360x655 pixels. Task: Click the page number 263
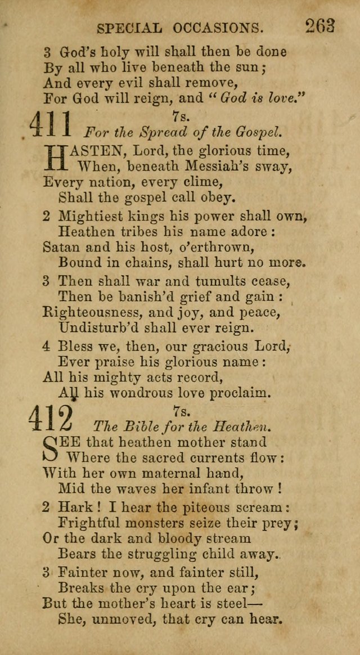tap(321, 26)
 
